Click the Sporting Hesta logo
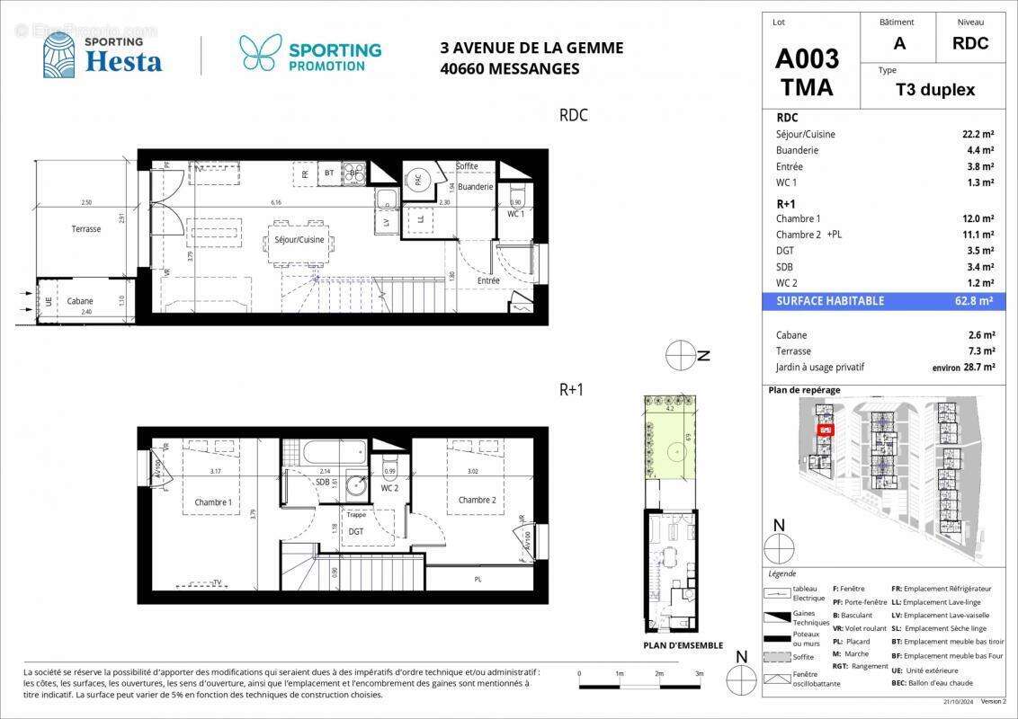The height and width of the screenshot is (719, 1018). tap(103, 55)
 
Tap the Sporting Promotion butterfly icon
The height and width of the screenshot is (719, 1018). tap(261, 53)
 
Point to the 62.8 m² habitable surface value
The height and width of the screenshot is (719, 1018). tap(975, 301)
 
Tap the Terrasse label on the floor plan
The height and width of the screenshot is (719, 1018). tap(86, 229)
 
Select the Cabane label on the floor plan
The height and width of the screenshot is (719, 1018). tap(80, 301)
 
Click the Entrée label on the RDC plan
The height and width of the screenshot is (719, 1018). tap(488, 280)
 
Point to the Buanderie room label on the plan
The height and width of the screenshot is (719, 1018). tap(475, 187)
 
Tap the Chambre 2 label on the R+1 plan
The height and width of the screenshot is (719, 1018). tap(477, 500)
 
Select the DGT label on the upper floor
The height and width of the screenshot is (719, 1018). tap(356, 531)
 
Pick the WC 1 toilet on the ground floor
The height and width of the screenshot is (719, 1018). tap(516, 197)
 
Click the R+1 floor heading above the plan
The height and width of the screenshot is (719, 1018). tap(573, 389)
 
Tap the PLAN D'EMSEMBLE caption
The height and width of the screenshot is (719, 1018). tap(683, 644)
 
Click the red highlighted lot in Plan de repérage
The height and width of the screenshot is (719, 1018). tap(825, 431)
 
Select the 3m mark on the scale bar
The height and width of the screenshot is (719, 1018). tap(699, 673)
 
